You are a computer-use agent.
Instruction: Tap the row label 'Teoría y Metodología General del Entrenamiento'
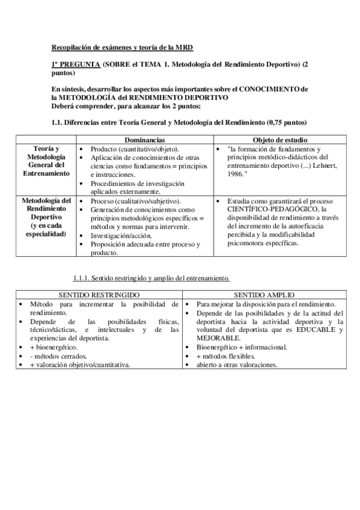(46, 161)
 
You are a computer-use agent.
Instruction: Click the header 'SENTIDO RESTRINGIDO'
(97, 296)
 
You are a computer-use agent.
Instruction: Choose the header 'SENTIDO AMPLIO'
(264, 296)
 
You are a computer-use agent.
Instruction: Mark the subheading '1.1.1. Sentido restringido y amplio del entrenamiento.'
(151, 278)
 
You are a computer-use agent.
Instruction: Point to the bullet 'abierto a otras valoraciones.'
(237, 364)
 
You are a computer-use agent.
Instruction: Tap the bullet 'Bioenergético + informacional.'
(242, 347)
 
